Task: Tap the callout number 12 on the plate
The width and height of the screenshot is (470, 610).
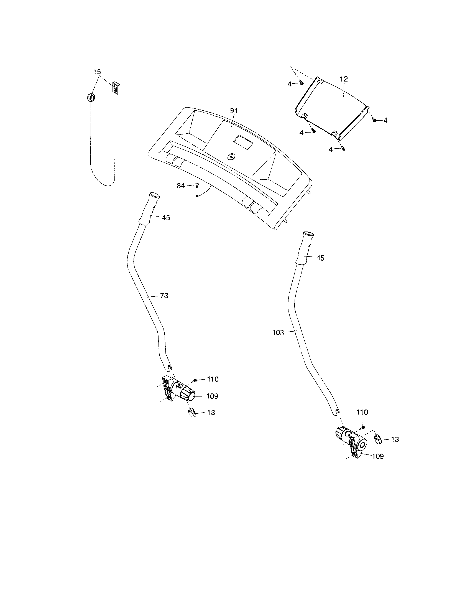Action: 344,79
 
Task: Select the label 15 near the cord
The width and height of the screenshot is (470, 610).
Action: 97,72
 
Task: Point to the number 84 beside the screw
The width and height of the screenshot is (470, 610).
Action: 181,185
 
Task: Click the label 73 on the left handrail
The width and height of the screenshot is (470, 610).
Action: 164,296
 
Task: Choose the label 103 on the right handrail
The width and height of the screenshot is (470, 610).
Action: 278,333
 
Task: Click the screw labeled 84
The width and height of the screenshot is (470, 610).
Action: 197,185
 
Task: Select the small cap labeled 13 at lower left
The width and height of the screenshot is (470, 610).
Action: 192,413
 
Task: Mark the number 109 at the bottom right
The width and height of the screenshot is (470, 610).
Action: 378,456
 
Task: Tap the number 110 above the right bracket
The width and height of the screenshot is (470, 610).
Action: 362,412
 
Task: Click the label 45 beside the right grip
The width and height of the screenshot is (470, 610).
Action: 320,258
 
